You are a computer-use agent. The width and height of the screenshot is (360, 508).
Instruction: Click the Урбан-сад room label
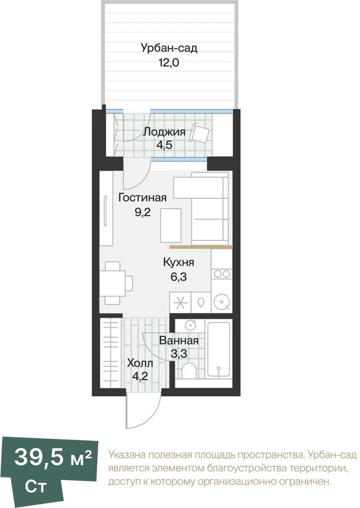[169, 48]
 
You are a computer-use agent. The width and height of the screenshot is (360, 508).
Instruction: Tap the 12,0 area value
[169, 62]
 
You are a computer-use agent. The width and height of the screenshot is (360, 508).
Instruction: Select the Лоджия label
[164, 132]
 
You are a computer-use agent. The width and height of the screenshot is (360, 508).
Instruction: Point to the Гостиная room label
[142, 198]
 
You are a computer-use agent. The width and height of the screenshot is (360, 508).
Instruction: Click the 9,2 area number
[143, 212]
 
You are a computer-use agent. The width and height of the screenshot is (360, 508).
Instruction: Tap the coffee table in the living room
[171, 226]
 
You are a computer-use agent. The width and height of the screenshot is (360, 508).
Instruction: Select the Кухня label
[178, 262]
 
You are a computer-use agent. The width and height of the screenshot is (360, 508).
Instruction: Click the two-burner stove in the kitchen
[222, 274]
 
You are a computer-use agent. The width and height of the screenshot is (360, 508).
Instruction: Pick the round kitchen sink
[222, 303]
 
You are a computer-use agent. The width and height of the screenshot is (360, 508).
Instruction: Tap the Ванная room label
[179, 341]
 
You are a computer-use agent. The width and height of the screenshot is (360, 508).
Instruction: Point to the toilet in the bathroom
[189, 370]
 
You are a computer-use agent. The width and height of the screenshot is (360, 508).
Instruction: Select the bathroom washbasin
[190, 324]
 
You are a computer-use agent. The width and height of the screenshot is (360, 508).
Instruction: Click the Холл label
[140, 363]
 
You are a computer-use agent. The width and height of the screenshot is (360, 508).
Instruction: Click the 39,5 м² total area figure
[53, 458]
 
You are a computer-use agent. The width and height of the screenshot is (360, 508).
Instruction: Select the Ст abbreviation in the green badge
[36, 487]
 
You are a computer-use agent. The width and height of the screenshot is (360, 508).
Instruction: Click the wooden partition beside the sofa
[201, 247]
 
